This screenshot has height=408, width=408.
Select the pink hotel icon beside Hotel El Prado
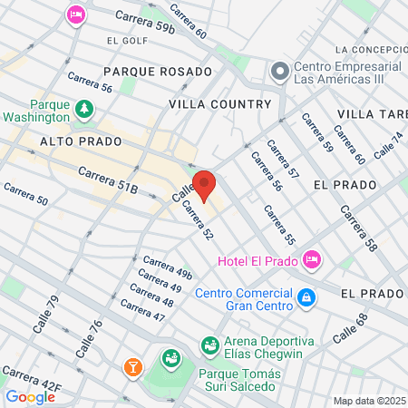pos(312,260)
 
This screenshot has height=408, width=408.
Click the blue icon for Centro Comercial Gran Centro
pos(306,296)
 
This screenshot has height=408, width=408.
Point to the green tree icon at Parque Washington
pos(84,109)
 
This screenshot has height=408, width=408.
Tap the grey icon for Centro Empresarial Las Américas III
pos(279,70)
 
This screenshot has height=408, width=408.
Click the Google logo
pos(30,396)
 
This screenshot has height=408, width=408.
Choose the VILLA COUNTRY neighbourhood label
pos(220,104)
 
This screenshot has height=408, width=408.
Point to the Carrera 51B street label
pos(107,180)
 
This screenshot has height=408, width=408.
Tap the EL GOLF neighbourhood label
pos(125,41)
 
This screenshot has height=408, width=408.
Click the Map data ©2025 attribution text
pos(368,400)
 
